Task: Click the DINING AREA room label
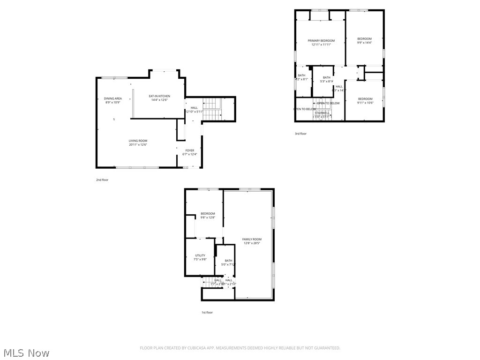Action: tap(112, 98)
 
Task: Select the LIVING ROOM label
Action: tap(138, 141)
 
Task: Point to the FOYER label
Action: tap(189, 150)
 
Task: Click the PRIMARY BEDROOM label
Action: tap(321, 41)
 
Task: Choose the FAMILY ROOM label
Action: tap(252, 239)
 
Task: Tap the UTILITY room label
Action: tap(200, 255)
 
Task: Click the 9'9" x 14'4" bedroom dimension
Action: tap(364, 43)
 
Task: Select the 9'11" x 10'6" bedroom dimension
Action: tap(365, 103)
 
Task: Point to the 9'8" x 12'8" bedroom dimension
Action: tap(208, 217)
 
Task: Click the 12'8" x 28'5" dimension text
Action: tap(252, 243)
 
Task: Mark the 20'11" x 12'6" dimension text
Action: tap(138, 145)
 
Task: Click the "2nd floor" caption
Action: tap(102, 180)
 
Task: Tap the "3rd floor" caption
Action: tap(300, 134)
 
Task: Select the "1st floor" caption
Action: tap(207, 312)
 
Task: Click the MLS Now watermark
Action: tap(26, 352)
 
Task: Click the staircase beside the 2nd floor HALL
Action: tap(212, 109)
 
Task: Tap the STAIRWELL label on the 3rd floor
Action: tap(322, 112)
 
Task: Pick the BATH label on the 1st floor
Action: tap(228, 261)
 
